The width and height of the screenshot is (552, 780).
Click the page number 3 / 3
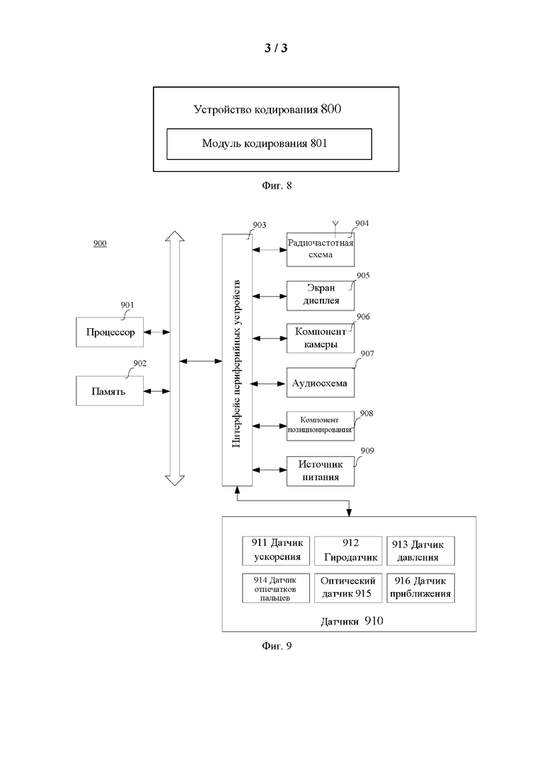276,48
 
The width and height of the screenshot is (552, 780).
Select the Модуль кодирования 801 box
270,144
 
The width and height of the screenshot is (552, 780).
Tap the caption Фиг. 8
277,185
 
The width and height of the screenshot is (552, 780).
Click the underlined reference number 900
100,243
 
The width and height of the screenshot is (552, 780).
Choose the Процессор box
110,332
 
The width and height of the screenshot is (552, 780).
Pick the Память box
110,391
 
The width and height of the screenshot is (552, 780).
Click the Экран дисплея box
321,296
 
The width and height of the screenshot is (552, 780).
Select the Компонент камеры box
321,338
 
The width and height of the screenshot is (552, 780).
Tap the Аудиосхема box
321,383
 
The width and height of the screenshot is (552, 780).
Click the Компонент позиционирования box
321,426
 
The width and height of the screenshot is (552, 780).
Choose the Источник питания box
321,470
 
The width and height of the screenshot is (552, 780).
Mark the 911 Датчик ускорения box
276,551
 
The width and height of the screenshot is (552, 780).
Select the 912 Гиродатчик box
348,551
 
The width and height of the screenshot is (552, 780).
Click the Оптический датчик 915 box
348,588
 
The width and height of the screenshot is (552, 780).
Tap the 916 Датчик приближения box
420,588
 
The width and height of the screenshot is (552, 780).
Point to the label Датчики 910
352,621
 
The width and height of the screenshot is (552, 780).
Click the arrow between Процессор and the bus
157,332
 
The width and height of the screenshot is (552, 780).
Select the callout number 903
259,225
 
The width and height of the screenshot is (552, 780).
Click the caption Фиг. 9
277,646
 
